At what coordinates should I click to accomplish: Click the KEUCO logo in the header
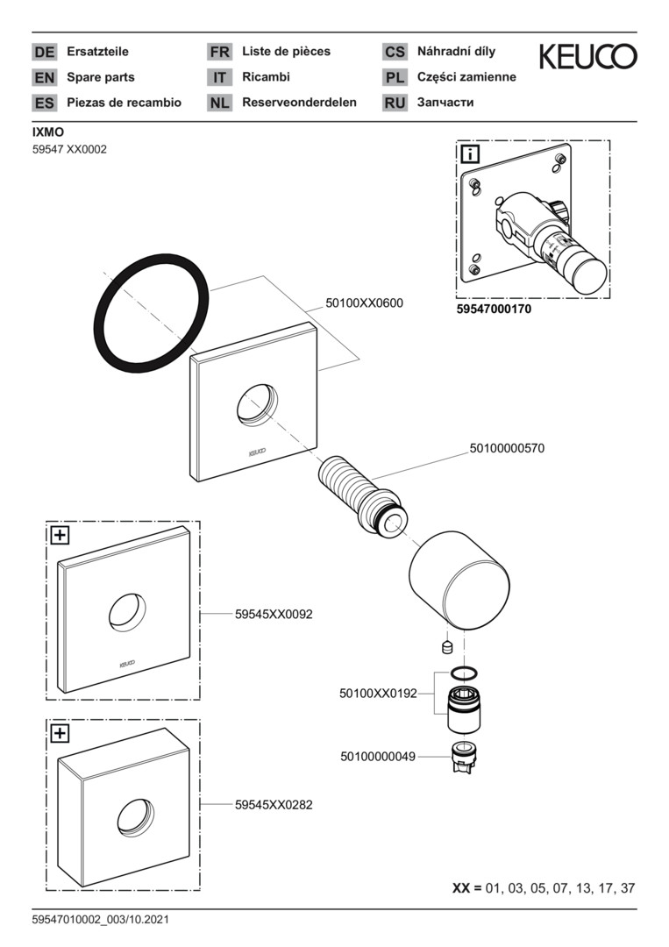click(587, 57)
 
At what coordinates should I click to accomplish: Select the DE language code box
click(44, 53)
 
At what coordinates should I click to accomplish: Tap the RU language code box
click(395, 103)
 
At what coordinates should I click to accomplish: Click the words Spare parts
click(101, 77)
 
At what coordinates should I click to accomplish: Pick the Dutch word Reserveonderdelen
click(299, 103)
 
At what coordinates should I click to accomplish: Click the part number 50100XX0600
click(365, 302)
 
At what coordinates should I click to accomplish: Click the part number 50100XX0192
click(378, 693)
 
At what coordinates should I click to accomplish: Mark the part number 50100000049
click(378, 755)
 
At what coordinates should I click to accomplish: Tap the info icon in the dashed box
click(471, 155)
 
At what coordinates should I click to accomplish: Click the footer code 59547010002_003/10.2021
click(100, 920)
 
